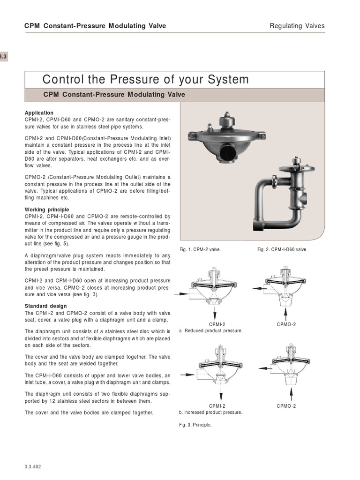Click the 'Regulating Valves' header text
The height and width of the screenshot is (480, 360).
point(297,26)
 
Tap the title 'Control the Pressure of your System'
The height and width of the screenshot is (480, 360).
point(145,79)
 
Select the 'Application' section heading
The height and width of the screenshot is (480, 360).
point(39,113)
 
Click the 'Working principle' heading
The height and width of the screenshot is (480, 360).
point(46,210)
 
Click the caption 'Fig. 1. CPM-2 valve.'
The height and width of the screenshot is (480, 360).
point(200,250)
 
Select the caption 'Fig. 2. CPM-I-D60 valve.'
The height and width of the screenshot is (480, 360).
point(282,250)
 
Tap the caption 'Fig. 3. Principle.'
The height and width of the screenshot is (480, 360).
point(195,425)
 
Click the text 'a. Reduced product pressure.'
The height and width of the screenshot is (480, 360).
point(210,331)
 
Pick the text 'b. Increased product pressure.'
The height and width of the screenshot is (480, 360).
point(210,412)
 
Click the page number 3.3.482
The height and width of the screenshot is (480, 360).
point(33,467)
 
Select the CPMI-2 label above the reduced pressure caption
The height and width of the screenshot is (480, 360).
point(217,324)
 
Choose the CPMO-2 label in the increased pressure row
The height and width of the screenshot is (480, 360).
point(286,406)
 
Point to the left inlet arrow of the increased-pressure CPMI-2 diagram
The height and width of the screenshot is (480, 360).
point(186,375)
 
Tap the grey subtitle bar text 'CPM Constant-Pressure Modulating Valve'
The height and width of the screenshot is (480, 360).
point(114,95)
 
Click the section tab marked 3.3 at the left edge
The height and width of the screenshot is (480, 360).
point(3,57)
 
